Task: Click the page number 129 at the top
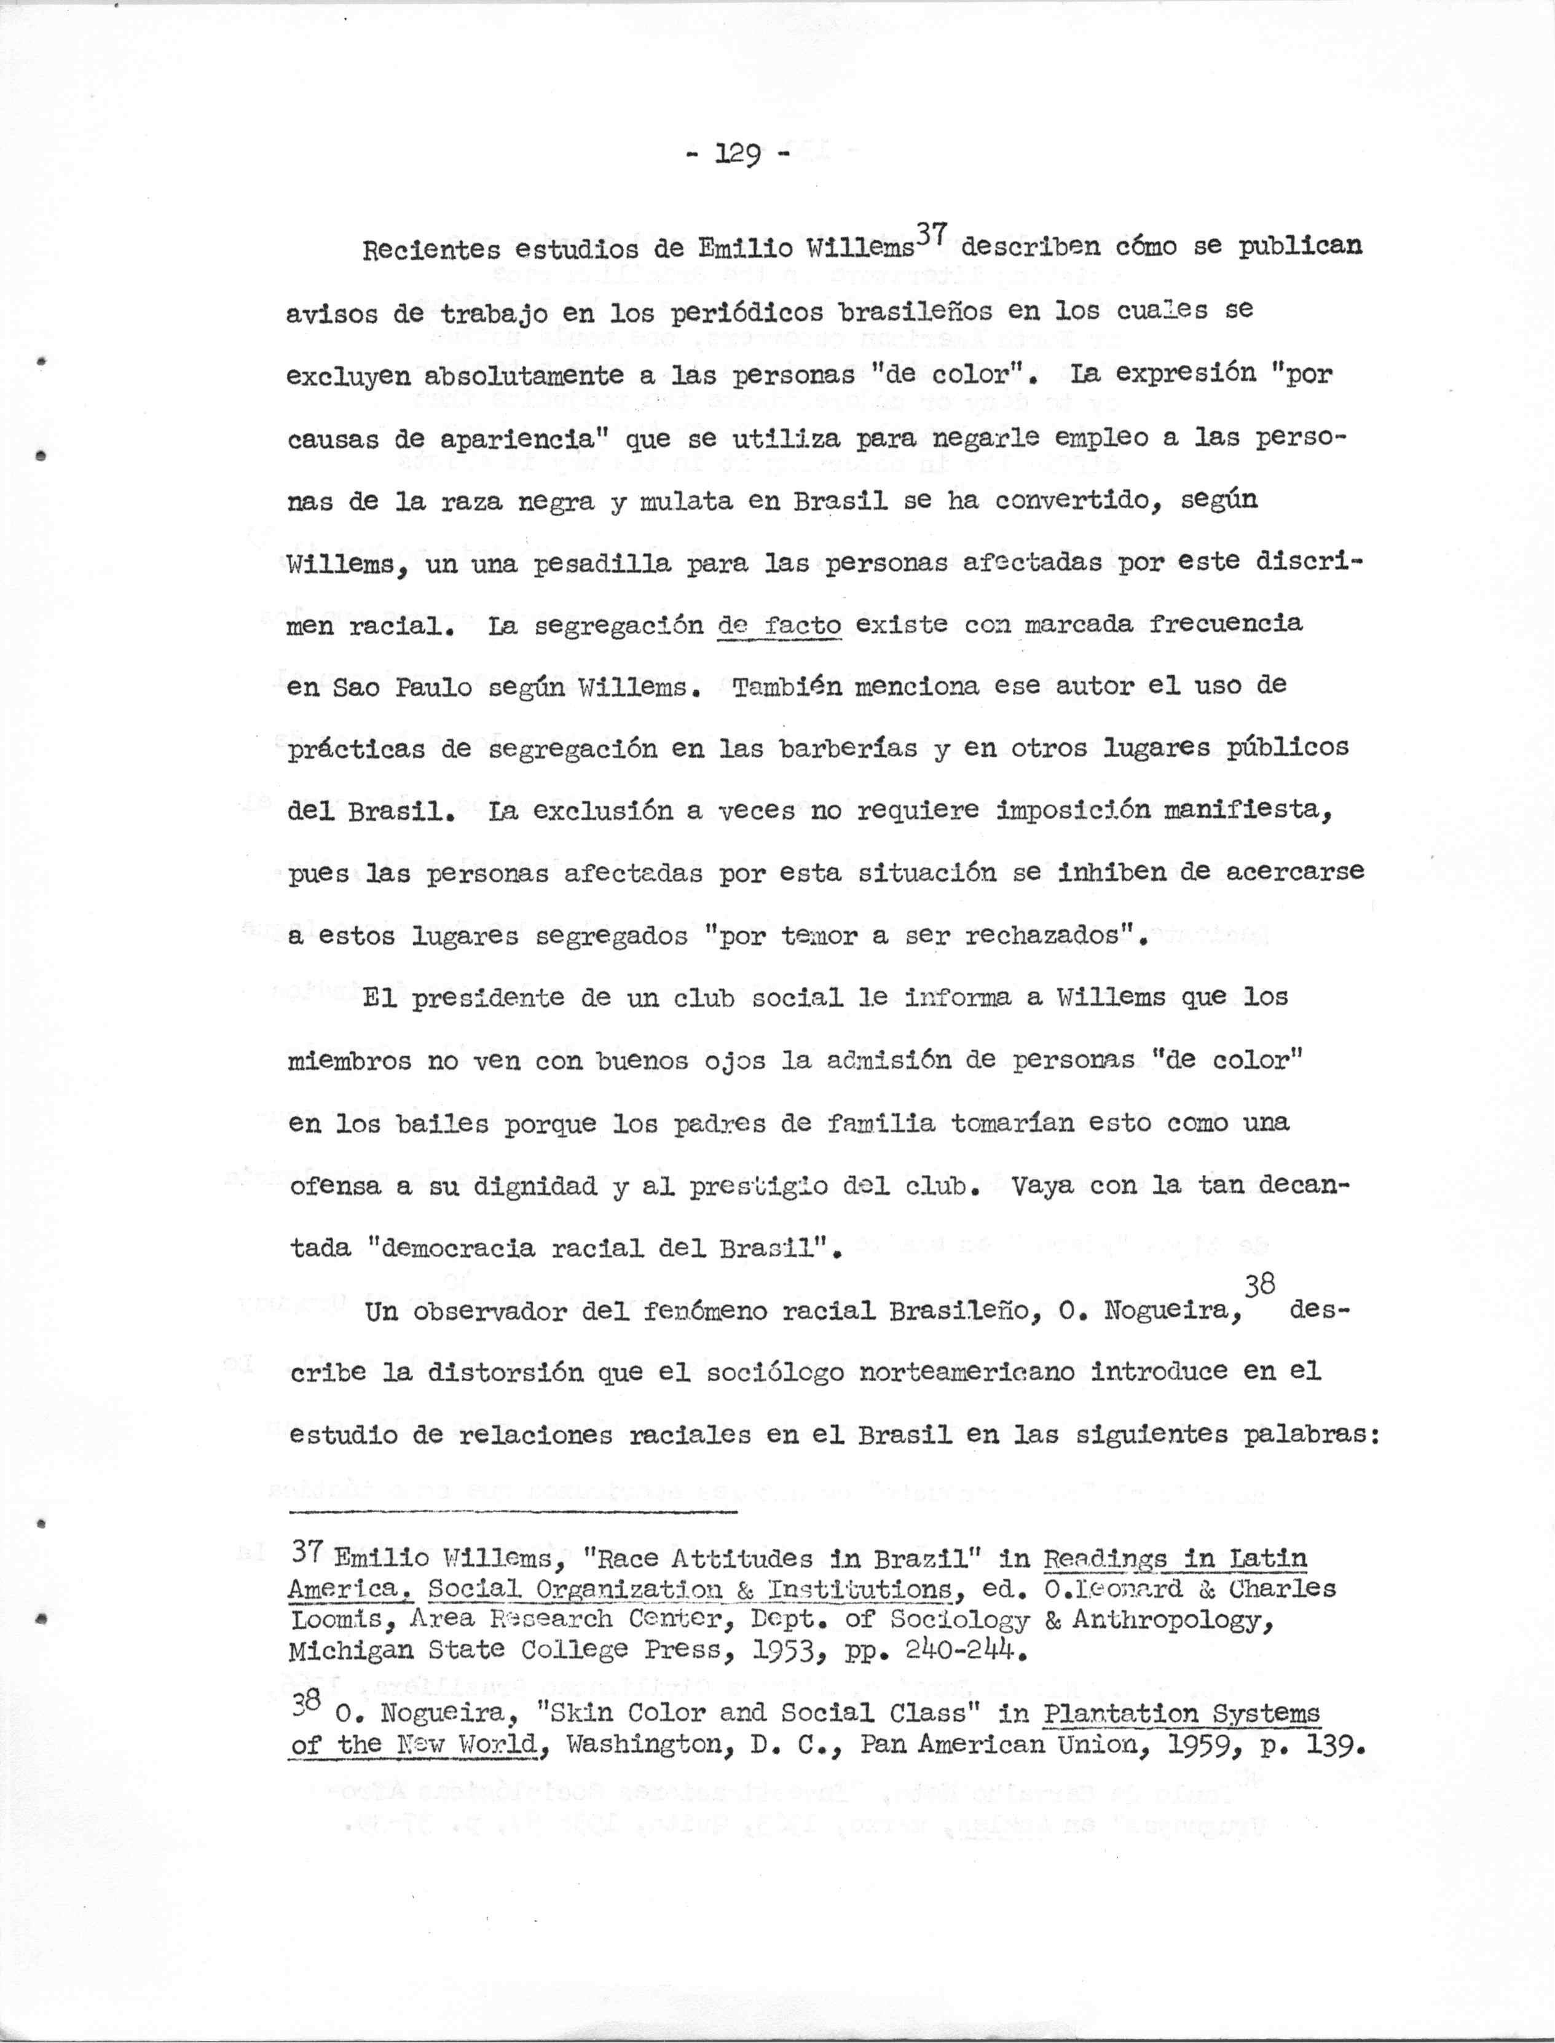coord(737,154)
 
